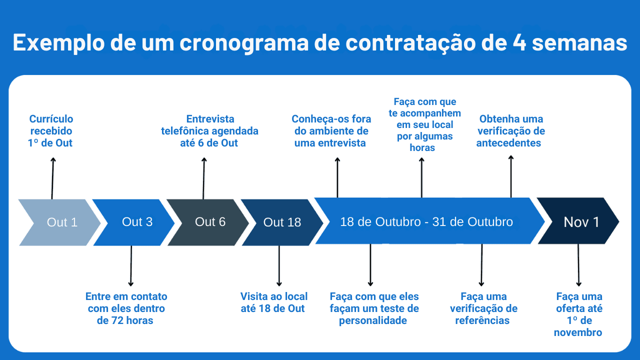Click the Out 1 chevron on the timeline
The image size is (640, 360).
[x=60, y=222]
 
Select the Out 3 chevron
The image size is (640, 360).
[x=135, y=222]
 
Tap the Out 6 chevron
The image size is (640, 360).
[x=209, y=222]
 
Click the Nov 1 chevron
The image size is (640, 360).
[x=580, y=222]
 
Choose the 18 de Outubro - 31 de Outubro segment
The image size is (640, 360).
[x=426, y=221]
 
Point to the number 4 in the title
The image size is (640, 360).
[x=519, y=43]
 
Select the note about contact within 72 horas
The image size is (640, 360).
[x=126, y=308]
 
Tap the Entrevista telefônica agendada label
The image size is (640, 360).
[x=209, y=131]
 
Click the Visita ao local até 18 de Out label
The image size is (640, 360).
[x=273, y=302]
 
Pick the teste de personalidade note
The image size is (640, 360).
[x=374, y=308]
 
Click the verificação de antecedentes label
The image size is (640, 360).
[x=510, y=131]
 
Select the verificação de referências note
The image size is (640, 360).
[x=483, y=308]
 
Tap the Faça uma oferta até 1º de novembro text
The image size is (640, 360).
[x=578, y=314]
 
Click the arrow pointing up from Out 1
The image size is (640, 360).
[x=52, y=177]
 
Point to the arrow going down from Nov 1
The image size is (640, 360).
[x=578, y=265]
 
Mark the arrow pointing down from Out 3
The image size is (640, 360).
[x=131, y=265]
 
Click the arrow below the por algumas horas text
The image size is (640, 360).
[x=421, y=177]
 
